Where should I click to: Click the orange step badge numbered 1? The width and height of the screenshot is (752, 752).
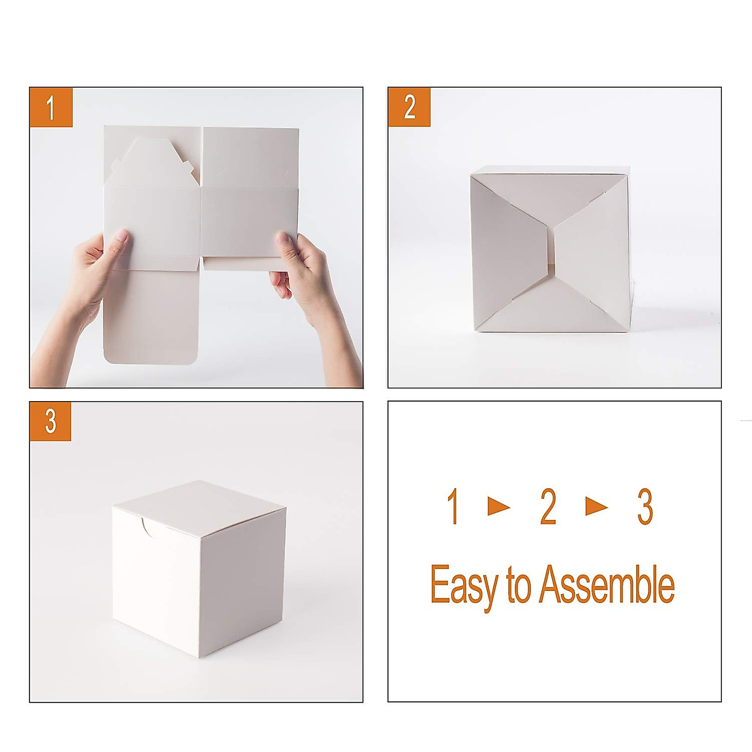51,108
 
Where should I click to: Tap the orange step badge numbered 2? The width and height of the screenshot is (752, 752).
409,107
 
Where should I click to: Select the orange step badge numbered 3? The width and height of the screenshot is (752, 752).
51,422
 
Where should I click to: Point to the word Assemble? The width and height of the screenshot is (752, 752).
607,584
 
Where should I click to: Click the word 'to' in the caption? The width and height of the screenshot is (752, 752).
519,585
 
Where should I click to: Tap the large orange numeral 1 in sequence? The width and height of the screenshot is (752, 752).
453,507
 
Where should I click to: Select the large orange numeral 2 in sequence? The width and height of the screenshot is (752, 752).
548,507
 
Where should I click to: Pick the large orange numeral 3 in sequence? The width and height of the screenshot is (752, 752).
645,507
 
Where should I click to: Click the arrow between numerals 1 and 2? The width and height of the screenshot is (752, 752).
499,506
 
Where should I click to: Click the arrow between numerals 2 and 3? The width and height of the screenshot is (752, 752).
597,506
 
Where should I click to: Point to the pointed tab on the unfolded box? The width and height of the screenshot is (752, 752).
151,160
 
